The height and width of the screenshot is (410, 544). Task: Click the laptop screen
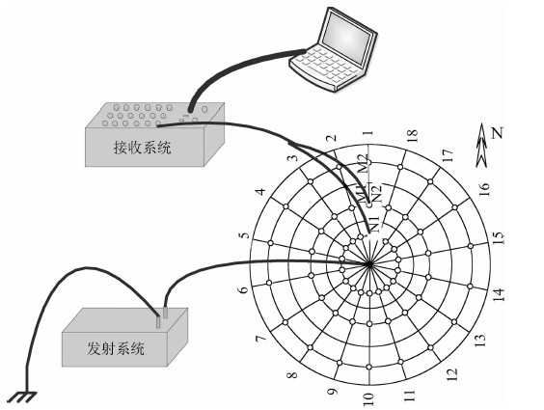coord(347,38)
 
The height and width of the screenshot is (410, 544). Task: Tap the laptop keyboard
coord(327,65)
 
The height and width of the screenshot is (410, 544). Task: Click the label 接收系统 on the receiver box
coord(142,148)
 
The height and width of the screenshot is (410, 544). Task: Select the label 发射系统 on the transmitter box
coord(116,348)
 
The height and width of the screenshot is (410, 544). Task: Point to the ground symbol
coord(21,397)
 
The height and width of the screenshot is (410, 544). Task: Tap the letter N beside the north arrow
coord(498,132)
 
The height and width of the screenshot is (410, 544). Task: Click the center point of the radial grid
coord(369,264)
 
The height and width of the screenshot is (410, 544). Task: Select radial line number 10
coord(369,325)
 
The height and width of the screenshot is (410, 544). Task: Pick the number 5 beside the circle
coord(245,234)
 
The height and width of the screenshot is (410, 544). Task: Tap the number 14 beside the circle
coord(499,294)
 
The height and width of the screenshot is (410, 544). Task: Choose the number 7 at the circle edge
coord(260,339)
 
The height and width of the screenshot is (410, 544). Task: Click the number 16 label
coord(484,189)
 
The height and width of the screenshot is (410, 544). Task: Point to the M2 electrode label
coord(365,163)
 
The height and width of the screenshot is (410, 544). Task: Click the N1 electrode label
coord(374,224)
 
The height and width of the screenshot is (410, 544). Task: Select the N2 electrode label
coord(376,194)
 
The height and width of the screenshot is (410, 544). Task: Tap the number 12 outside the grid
coord(452,374)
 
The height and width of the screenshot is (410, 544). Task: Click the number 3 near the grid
coord(293,158)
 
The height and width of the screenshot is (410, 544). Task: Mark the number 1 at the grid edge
coord(368,132)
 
